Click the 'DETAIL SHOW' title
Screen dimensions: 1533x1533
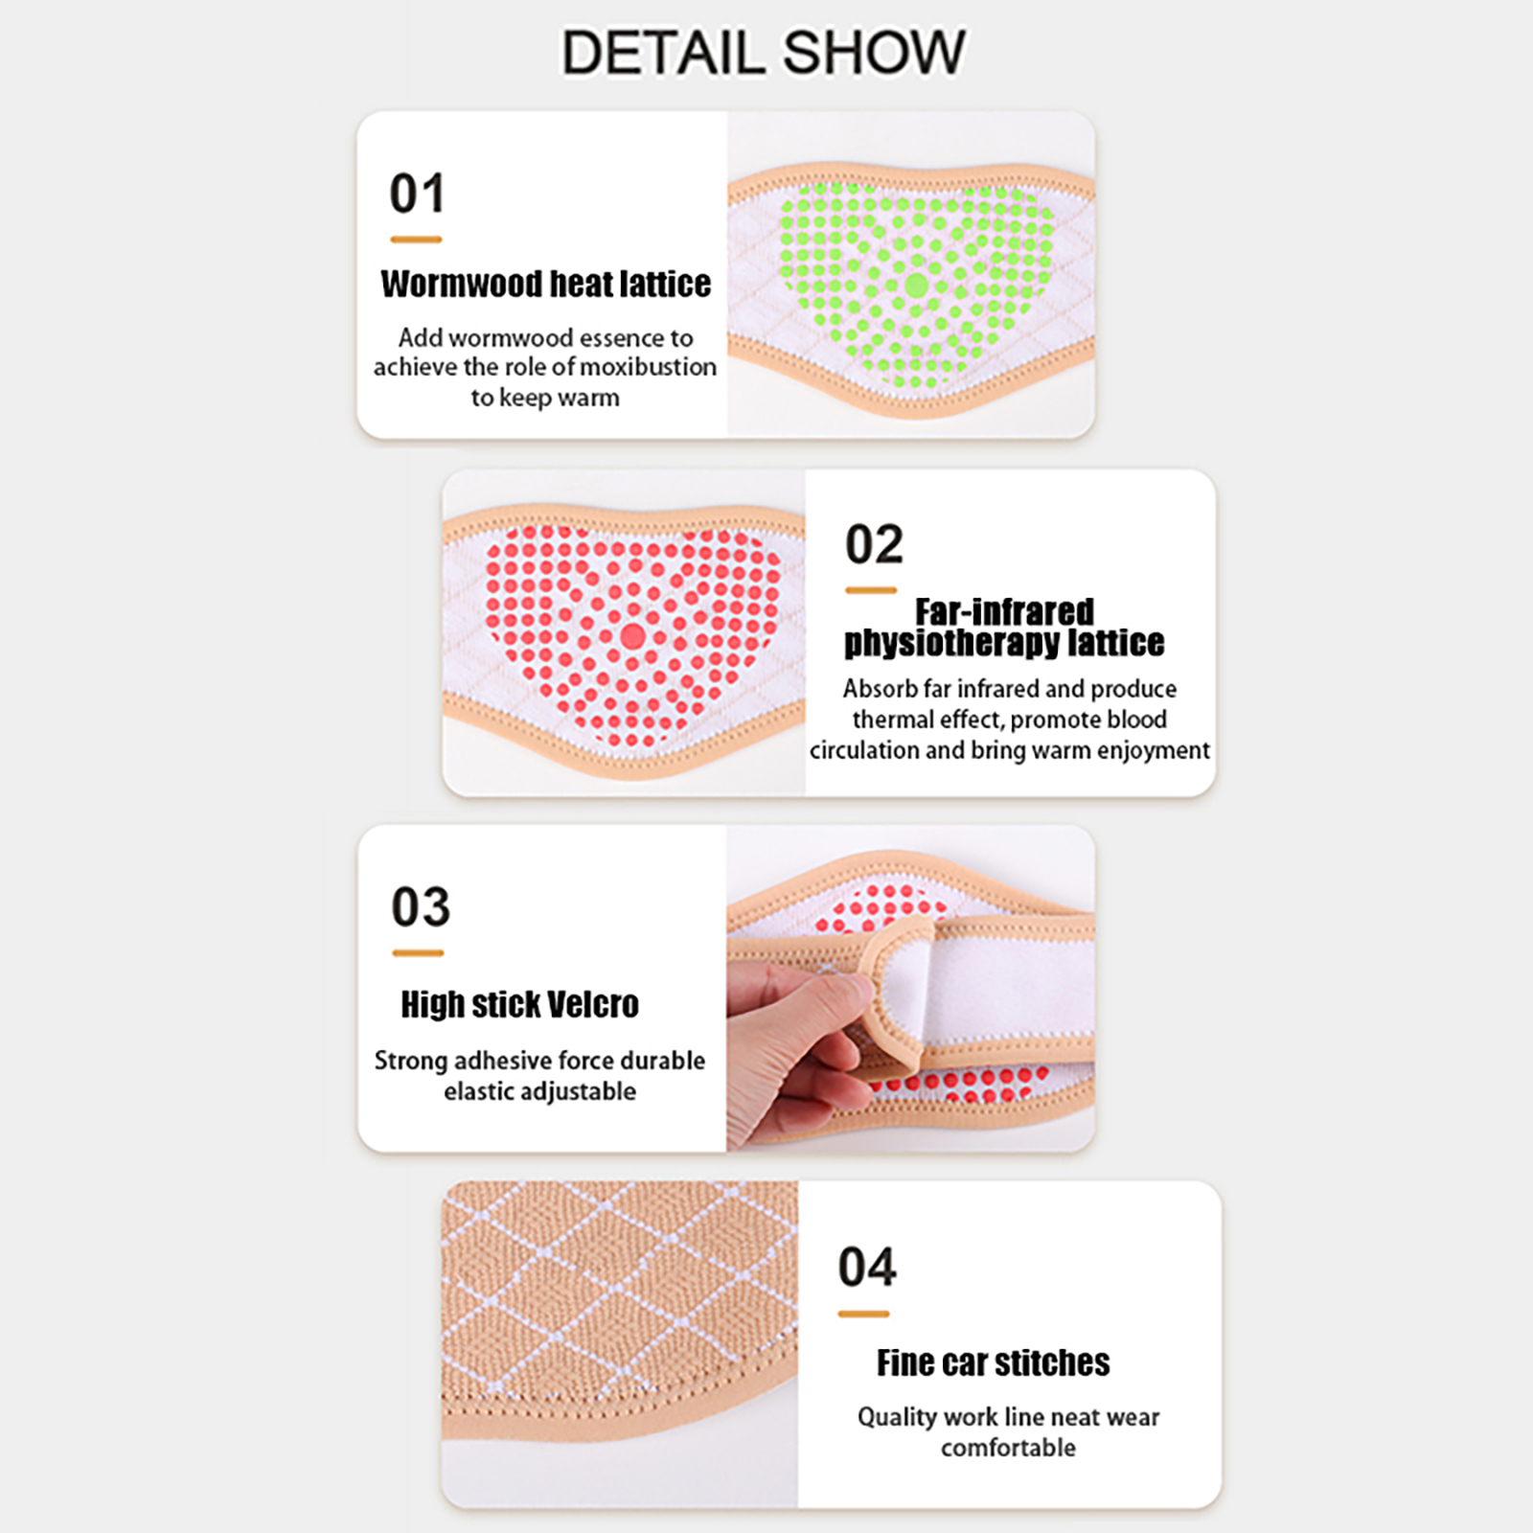pyautogui.click(x=763, y=52)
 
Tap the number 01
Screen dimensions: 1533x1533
pyautogui.click(x=417, y=194)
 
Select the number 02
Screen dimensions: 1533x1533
pyautogui.click(x=874, y=544)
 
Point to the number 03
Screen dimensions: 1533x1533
pyautogui.click(x=420, y=906)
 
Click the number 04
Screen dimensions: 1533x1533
pyautogui.click(x=867, y=1267)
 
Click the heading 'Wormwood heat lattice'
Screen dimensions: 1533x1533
pyautogui.click(x=546, y=284)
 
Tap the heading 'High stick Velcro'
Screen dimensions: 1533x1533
pyautogui.click(x=519, y=1004)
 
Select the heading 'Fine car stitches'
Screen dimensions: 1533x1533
pyautogui.click(x=994, y=1362)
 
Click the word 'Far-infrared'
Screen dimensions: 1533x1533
pyautogui.click(x=1004, y=611)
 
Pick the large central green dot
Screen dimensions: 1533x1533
pyautogui.click(x=916, y=285)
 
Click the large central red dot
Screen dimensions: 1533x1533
pyautogui.click(x=633, y=636)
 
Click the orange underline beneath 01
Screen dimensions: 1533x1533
pyautogui.click(x=416, y=240)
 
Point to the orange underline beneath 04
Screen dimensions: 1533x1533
pyautogui.click(x=863, y=1315)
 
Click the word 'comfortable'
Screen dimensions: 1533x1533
pyautogui.click(x=1008, y=1448)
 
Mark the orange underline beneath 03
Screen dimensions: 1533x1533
pyautogui.click(x=418, y=953)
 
